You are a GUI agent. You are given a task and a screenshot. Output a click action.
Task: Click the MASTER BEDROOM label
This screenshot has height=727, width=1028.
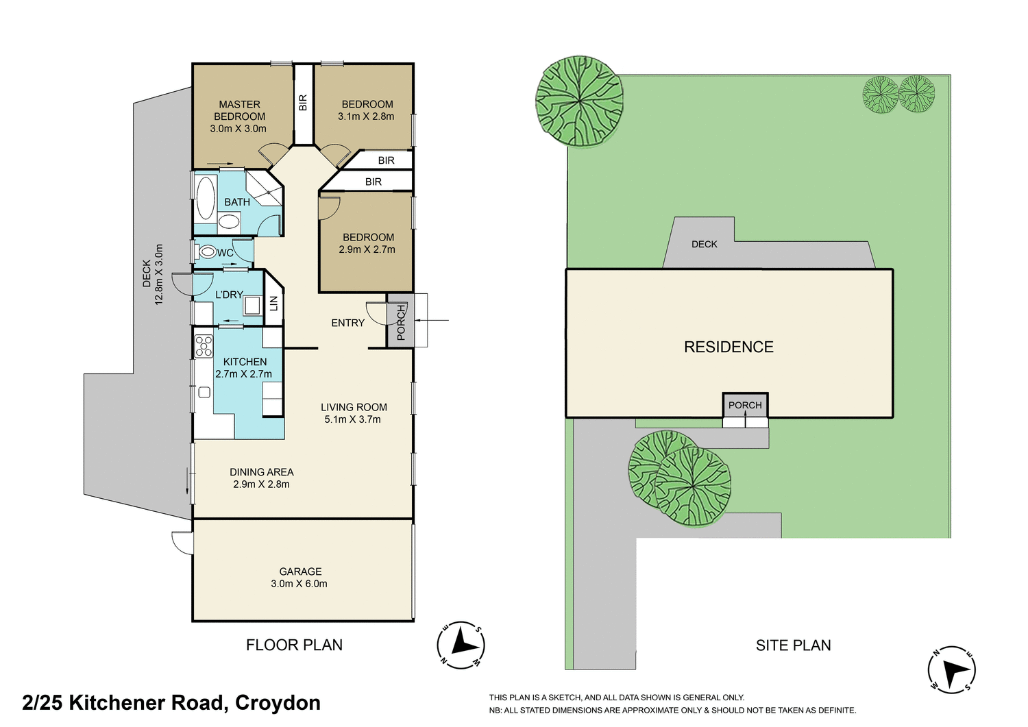pos(239,110)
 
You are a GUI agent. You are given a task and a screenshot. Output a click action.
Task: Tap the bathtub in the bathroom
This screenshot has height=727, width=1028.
pos(206,197)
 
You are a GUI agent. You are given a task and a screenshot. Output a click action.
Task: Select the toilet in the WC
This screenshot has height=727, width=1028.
pos(207,252)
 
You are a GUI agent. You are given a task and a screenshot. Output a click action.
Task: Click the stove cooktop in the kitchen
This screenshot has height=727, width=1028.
pos(204,346)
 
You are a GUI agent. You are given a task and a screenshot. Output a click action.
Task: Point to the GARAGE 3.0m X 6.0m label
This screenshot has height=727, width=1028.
pos(299,578)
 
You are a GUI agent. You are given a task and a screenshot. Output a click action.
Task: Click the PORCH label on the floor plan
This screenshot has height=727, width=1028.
pos(401,322)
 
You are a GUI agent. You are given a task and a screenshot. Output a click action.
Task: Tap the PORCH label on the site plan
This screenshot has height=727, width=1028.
pos(745,405)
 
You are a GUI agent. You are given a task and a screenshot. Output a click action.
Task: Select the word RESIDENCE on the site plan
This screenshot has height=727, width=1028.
pos(729,347)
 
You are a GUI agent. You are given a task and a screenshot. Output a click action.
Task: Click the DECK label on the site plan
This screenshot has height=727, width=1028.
pos(704,244)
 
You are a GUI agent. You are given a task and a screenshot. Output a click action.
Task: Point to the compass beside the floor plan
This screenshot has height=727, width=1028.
pos(461,645)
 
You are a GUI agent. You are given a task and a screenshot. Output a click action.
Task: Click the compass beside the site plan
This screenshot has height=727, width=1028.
pos(952,669)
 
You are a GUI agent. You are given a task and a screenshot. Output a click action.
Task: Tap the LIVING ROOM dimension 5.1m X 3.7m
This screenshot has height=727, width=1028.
pos(353,419)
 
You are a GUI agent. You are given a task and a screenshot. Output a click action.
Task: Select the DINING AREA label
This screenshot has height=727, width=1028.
pos(261,472)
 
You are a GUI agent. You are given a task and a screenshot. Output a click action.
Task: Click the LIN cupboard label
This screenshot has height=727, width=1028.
pos(274,302)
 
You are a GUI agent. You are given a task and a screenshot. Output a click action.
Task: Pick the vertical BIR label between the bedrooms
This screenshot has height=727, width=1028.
pos(303,103)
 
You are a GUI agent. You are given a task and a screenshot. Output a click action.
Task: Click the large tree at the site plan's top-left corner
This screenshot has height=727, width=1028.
pos(580,101)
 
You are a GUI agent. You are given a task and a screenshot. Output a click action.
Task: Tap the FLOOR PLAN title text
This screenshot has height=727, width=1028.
pos(294,645)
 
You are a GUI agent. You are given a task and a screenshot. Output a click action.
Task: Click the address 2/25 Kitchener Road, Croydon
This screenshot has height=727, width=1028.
pos(171,703)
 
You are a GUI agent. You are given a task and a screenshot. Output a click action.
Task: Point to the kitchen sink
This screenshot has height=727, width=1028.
pos(204,392)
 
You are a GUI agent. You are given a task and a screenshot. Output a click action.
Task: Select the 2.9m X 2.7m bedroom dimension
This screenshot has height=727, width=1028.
pos(367,249)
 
